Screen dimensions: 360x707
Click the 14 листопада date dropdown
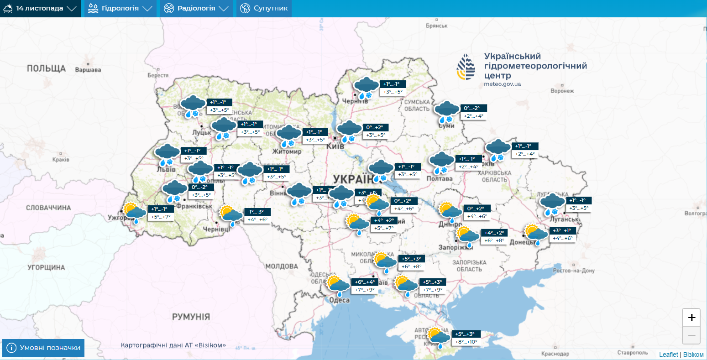tap(40, 9)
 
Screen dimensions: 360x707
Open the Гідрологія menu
tap(120, 9)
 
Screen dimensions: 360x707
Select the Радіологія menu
tap(196, 9)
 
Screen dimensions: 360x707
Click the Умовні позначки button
tap(44, 348)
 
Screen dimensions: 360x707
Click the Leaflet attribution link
tap(668, 355)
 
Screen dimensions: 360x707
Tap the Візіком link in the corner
tap(693, 355)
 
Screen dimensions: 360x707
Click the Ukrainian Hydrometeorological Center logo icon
tap(466, 67)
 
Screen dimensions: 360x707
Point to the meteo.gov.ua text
tap(502, 84)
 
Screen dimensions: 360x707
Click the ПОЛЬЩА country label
tap(46, 68)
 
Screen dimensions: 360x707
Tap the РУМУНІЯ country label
tap(191, 317)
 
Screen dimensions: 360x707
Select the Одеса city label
tap(339, 300)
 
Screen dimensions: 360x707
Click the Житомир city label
tap(287, 151)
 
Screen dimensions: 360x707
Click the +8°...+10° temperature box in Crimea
tap(466, 342)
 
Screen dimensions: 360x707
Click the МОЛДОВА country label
tap(282, 266)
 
